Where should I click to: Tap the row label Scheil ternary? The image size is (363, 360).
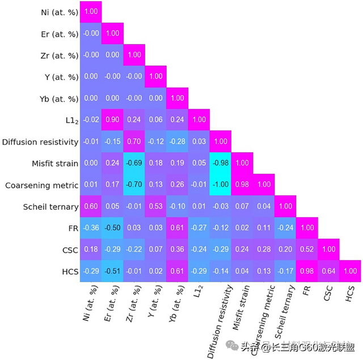coord(50,206)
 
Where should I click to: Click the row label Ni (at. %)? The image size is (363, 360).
coord(56,11)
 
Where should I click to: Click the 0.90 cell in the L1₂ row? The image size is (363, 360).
coord(112,120)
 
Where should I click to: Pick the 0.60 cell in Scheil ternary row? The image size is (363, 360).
coord(90,206)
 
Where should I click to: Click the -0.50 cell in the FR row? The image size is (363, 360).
coord(112,228)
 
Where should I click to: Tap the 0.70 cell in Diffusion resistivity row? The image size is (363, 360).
coord(133,141)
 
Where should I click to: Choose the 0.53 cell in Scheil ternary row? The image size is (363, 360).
coord(155,206)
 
